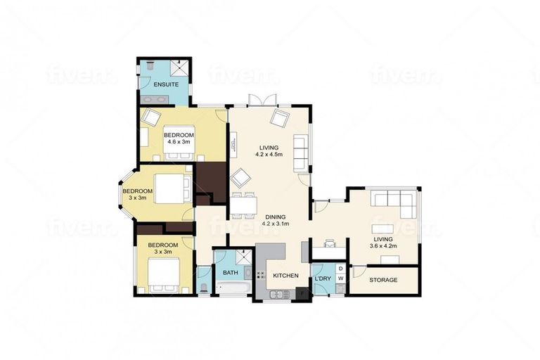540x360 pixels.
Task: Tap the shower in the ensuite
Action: click(181, 68)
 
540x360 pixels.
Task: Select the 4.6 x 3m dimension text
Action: click(179, 141)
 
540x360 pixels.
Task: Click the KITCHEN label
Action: click(285, 276)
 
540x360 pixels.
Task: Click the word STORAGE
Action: click(383, 280)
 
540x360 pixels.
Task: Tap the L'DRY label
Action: click(323, 279)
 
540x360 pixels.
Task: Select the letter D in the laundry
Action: click(341, 269)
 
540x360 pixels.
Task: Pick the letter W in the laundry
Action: click(341, 280)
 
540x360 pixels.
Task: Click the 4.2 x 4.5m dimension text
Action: click(269, 154)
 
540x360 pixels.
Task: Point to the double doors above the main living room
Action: click(262, 101)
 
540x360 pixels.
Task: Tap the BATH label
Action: click(230, 272)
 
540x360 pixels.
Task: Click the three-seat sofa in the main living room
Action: click(300, 151)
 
